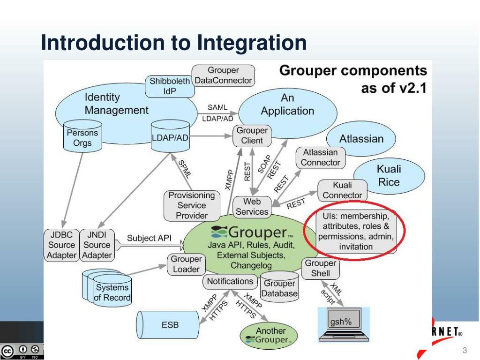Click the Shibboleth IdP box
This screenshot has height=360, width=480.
pos(169,86)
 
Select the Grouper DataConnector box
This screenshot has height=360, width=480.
pos(223,75)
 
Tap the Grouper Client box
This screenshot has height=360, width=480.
pos(252,135)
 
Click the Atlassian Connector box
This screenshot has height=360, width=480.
pos(320,157)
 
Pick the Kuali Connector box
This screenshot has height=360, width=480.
pos(342,190)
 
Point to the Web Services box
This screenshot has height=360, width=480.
pos(252,207)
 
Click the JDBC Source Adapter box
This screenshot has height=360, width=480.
pos(61,245)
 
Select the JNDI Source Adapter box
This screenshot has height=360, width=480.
pos(97,245)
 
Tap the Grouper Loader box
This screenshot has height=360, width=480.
pos(186,264)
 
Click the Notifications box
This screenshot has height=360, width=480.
pos(230,281)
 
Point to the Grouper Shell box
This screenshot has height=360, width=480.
pos(320,268)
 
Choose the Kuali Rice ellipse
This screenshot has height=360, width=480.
pos(389,176)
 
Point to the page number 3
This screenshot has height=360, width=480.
pos(465,351)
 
